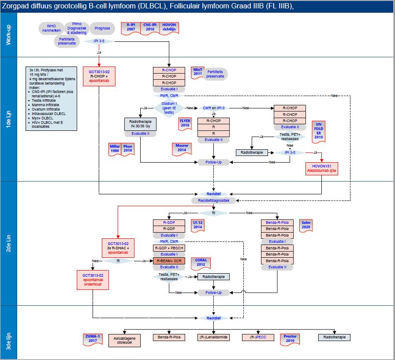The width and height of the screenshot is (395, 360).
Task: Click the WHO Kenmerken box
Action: pyautogui.click(x=51, y=28)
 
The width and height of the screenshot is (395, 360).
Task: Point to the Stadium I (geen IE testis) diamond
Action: pyautogui.click(x=170, y=108)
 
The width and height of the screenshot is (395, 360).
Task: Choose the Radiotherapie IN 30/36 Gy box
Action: pyautogui.click(x=140, y=124)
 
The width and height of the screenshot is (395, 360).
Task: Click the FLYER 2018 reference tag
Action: pyautogui.click(x=185, y=123)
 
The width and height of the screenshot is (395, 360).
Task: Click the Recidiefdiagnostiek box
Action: pyautogui.click(x=213, y=200)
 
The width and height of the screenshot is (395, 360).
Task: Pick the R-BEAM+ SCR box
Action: pyautogui.click(x=169, y=261)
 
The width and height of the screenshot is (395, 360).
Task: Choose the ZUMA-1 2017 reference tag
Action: pyautogui.click(x=93, y=338)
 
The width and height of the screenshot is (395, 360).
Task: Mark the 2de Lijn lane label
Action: pyautogui.click(x=8, y=243)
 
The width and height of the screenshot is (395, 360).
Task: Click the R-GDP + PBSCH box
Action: pyautogui.click(x=169, y=248)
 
